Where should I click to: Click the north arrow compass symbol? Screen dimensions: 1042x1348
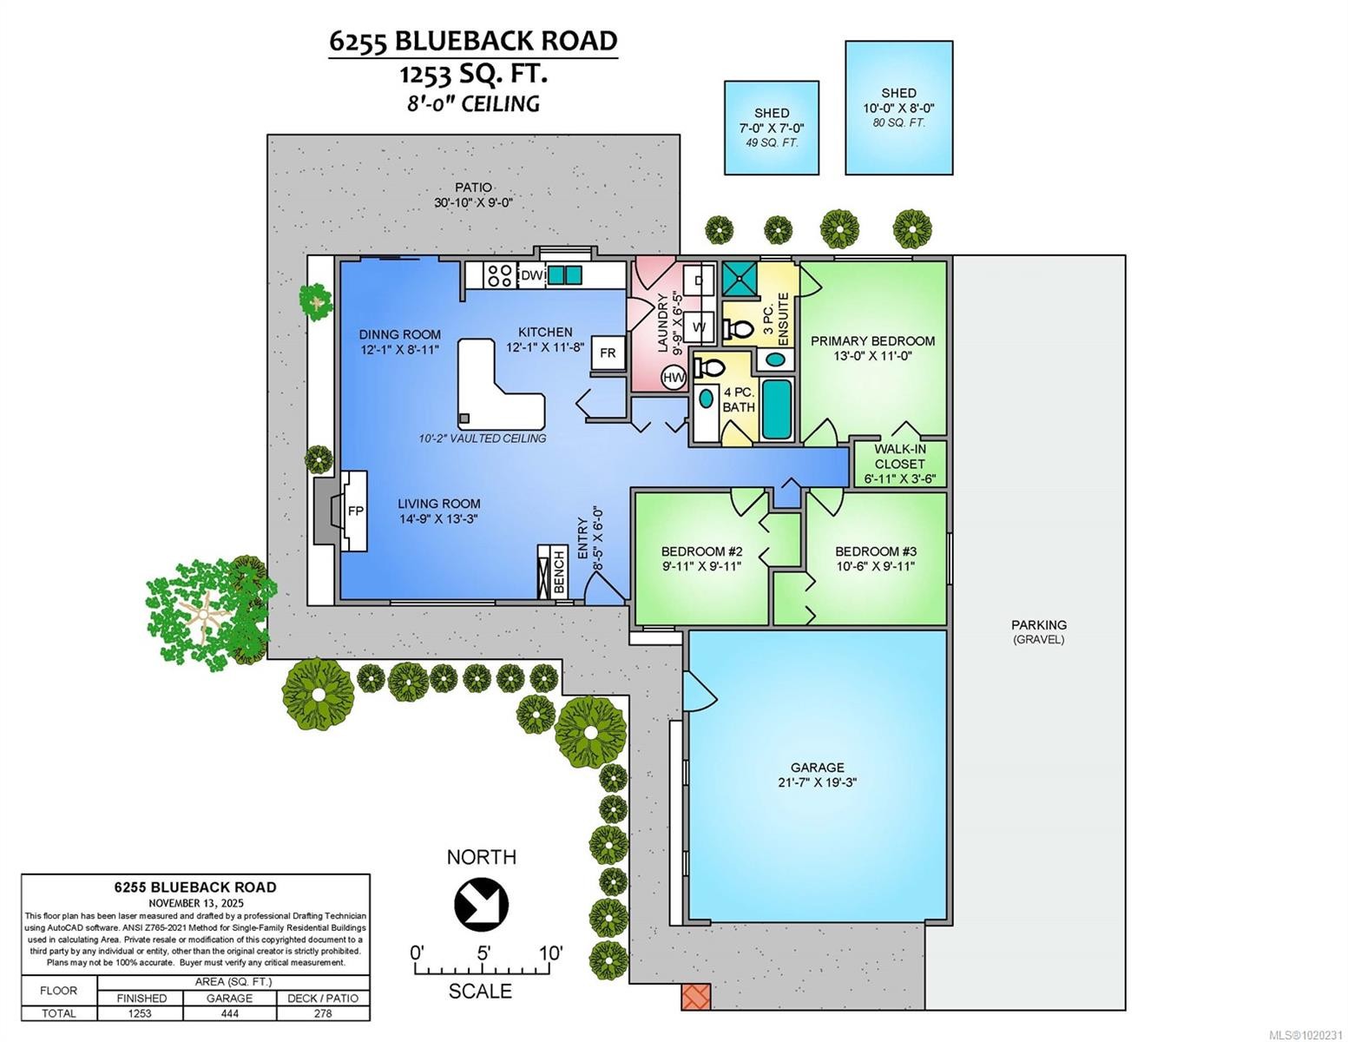pyautogui.click(x=481, y=903)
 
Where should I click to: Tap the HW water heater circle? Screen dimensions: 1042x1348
pyautogui.click(x=674, y=377)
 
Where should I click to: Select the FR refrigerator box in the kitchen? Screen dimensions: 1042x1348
pyautogui.click(x=608, y=353)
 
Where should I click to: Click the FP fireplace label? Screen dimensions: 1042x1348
pyautogui.click(x=355, y=511)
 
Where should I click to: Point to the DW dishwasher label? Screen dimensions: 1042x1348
pyautogui.click(x=530, y=276)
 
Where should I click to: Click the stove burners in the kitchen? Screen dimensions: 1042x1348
pyautogui.click(x=499, y=276)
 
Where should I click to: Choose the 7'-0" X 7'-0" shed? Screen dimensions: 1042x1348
pyautogui.click(x=771, y=128)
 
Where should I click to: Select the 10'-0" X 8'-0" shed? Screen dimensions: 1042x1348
pyautogui.click(x=898, y=108)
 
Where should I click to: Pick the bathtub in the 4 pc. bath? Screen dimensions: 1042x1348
pyautogui.click(x=777, y=409)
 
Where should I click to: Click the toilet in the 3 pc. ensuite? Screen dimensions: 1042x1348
pyautogui.click(x=739, y=329)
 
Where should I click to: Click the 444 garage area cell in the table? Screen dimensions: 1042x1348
pyautogui.click(x=229, y=1013)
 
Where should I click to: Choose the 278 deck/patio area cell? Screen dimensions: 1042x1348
pyautogui.click(x=322, y=1013)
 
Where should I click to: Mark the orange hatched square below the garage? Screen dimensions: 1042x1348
pyautogui.click(x=695, y=996)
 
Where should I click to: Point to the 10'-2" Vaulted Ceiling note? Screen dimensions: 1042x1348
pyautogui.click(x=482, y=439)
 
